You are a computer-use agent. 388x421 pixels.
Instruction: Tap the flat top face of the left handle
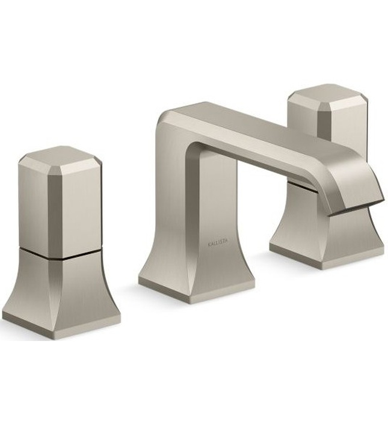[58, 155]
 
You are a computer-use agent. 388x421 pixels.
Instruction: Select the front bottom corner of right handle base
[334, 265]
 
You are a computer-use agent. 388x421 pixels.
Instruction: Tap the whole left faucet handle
[60, 241]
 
